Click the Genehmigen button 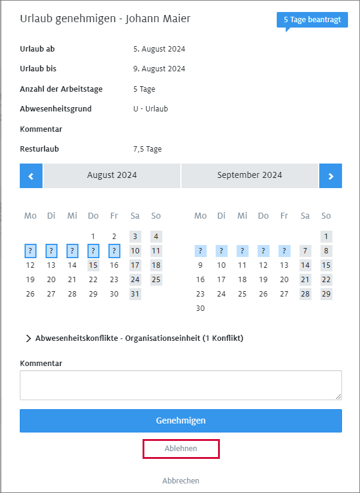pos(180,421)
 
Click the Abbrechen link pos(180,480)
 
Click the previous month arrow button pos(31,176)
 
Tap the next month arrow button pos(331,176)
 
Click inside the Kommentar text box pos(180,385)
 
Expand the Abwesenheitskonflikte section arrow pos(28,338)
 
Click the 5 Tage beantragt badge pos(312,20)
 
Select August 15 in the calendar pos(93,265)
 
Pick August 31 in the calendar pos(135,294)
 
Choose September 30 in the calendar pos(200,308)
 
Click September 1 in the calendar pos(326,236)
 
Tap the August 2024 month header pos(112,176)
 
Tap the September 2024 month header pos(249,176)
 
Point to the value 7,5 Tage pos(147,149)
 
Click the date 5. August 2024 pos(159,49)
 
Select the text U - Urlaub pos(150,109)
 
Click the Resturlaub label pos(40,149)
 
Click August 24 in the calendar pos(135,279)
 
